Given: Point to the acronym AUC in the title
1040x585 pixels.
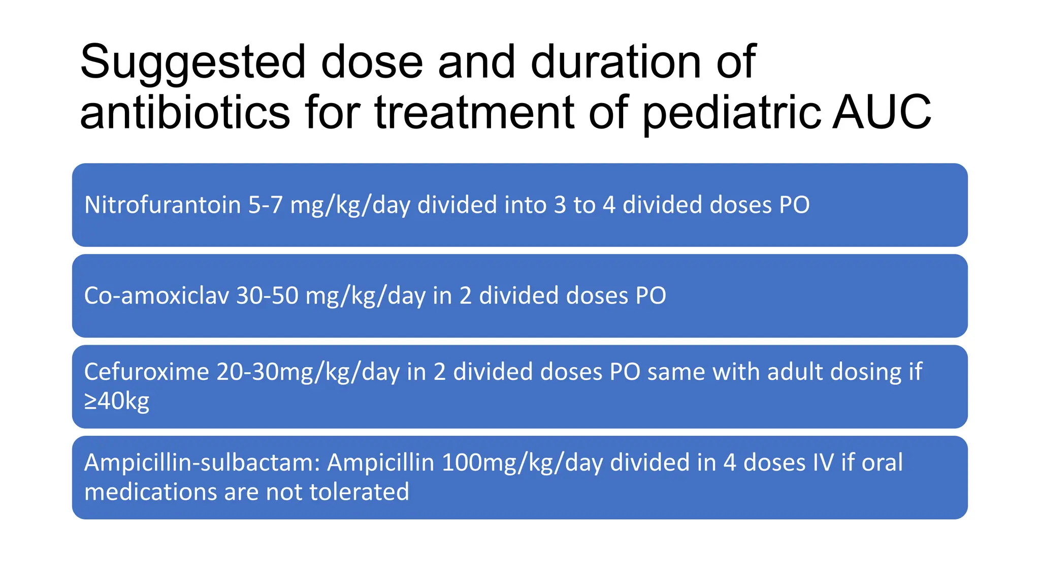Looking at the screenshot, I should [x=882, y=112].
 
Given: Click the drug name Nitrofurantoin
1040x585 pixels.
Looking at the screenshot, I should [x=162, y=205].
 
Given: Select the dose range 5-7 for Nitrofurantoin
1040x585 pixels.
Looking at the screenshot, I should [x=265, y=205].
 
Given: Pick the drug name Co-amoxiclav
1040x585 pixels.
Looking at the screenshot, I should [x=156, y=296].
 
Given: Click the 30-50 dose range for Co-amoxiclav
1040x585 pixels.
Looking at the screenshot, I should [x=267, y=296].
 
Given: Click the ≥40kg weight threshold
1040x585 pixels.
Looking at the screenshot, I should [x=117, y=401].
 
